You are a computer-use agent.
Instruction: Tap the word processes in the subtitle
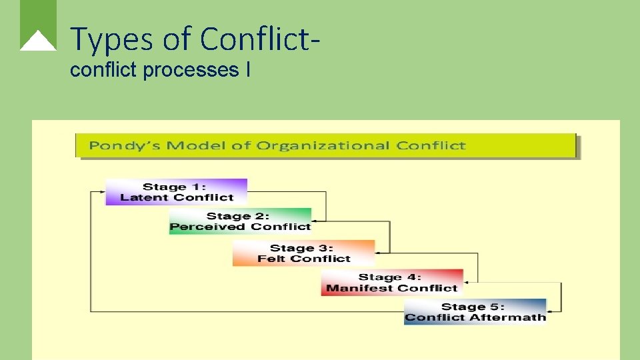point(193,70)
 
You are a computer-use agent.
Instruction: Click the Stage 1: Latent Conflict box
point(176,192)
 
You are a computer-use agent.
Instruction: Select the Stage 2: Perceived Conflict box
point(240,221)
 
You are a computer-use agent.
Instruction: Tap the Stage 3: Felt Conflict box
point(303,253)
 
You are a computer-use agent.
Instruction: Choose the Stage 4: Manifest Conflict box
point(391,283)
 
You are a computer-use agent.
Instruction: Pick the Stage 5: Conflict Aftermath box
point(475,312)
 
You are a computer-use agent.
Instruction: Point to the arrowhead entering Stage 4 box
point(467,282)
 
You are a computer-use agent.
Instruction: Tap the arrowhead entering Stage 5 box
point(551,311)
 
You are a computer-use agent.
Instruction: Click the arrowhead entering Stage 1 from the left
point(101,192)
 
